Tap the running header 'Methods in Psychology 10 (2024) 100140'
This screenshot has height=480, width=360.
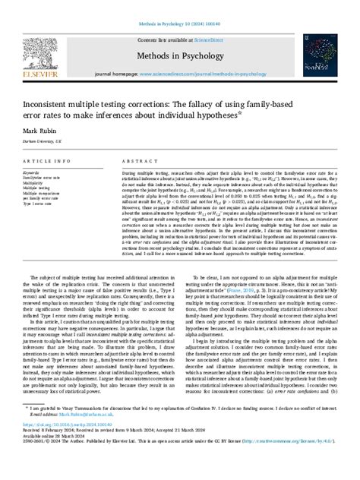pyautogui.click(x=179, y=6)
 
